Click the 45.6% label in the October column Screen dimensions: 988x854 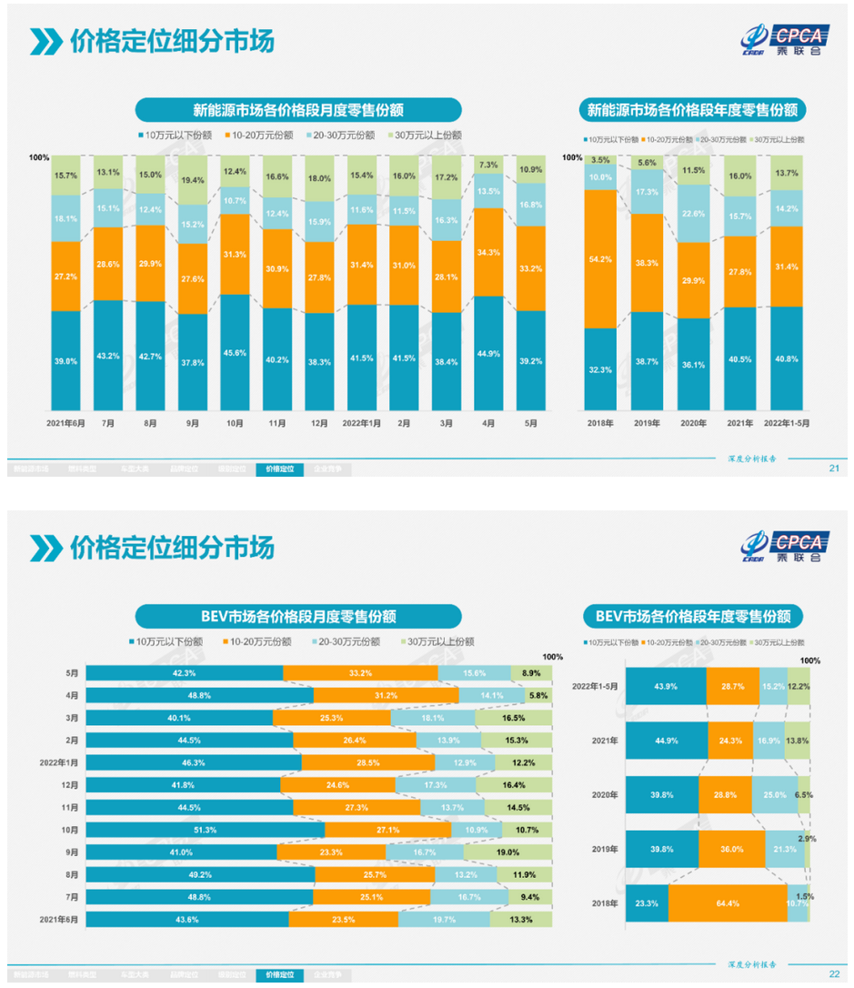pos(235,352)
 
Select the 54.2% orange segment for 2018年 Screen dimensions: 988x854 pos(600,258)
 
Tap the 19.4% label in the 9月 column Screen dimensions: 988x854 pos(192,181)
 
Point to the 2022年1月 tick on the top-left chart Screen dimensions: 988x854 pos(361,423)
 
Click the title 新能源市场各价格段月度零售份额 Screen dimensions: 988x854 pos(298,110)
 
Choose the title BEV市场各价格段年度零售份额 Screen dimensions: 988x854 pos(693,617)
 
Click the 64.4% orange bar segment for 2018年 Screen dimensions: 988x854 pos(728,904)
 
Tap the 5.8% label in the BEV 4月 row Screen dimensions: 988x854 pos(538,695)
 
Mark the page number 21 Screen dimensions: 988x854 pos(834,469)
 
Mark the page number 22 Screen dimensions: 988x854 pos(834,973)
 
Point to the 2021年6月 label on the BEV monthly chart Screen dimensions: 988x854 pos(62,920)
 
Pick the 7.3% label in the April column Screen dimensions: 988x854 pos(488,165)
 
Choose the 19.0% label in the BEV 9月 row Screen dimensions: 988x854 pos(508,852)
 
